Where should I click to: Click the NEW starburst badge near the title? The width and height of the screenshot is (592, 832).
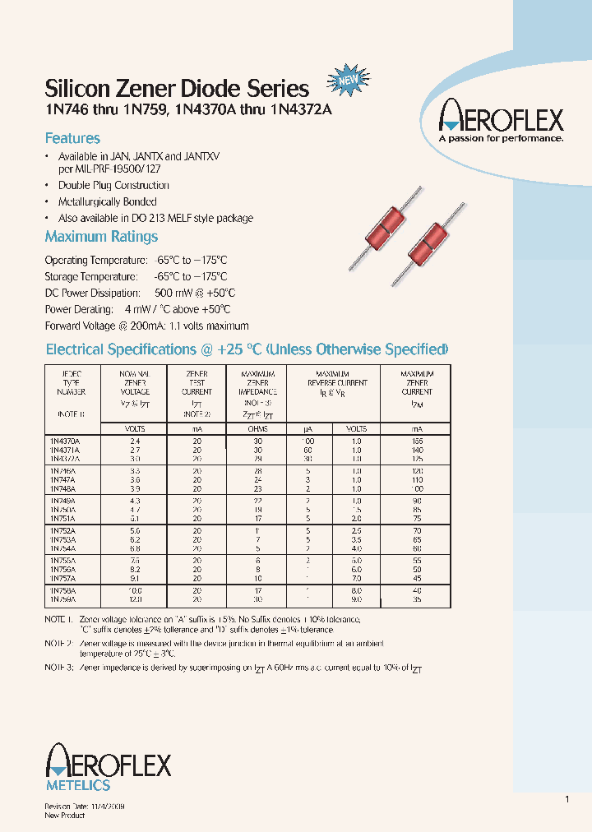pos(345,81)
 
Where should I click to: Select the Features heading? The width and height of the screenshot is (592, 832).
pos(72,138)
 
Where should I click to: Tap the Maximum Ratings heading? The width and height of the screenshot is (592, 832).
pos(101,237)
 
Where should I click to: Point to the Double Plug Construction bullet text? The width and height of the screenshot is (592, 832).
pos(113,186)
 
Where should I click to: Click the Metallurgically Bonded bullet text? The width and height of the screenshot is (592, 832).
pos(107,202)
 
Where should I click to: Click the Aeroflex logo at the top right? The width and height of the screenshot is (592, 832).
pos(501,118)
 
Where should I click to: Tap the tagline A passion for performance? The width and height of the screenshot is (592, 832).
pos(501,140)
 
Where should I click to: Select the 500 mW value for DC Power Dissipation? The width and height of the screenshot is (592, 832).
pos(173,294)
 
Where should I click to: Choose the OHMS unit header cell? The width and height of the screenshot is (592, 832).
pos(257,429)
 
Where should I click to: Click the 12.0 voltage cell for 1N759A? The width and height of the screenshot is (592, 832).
pos(132,599)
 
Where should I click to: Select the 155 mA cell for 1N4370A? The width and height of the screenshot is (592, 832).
pos(417,441)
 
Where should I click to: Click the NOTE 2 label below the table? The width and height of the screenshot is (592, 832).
pos(59,643)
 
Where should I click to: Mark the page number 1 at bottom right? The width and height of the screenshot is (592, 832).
pos(567,800)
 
